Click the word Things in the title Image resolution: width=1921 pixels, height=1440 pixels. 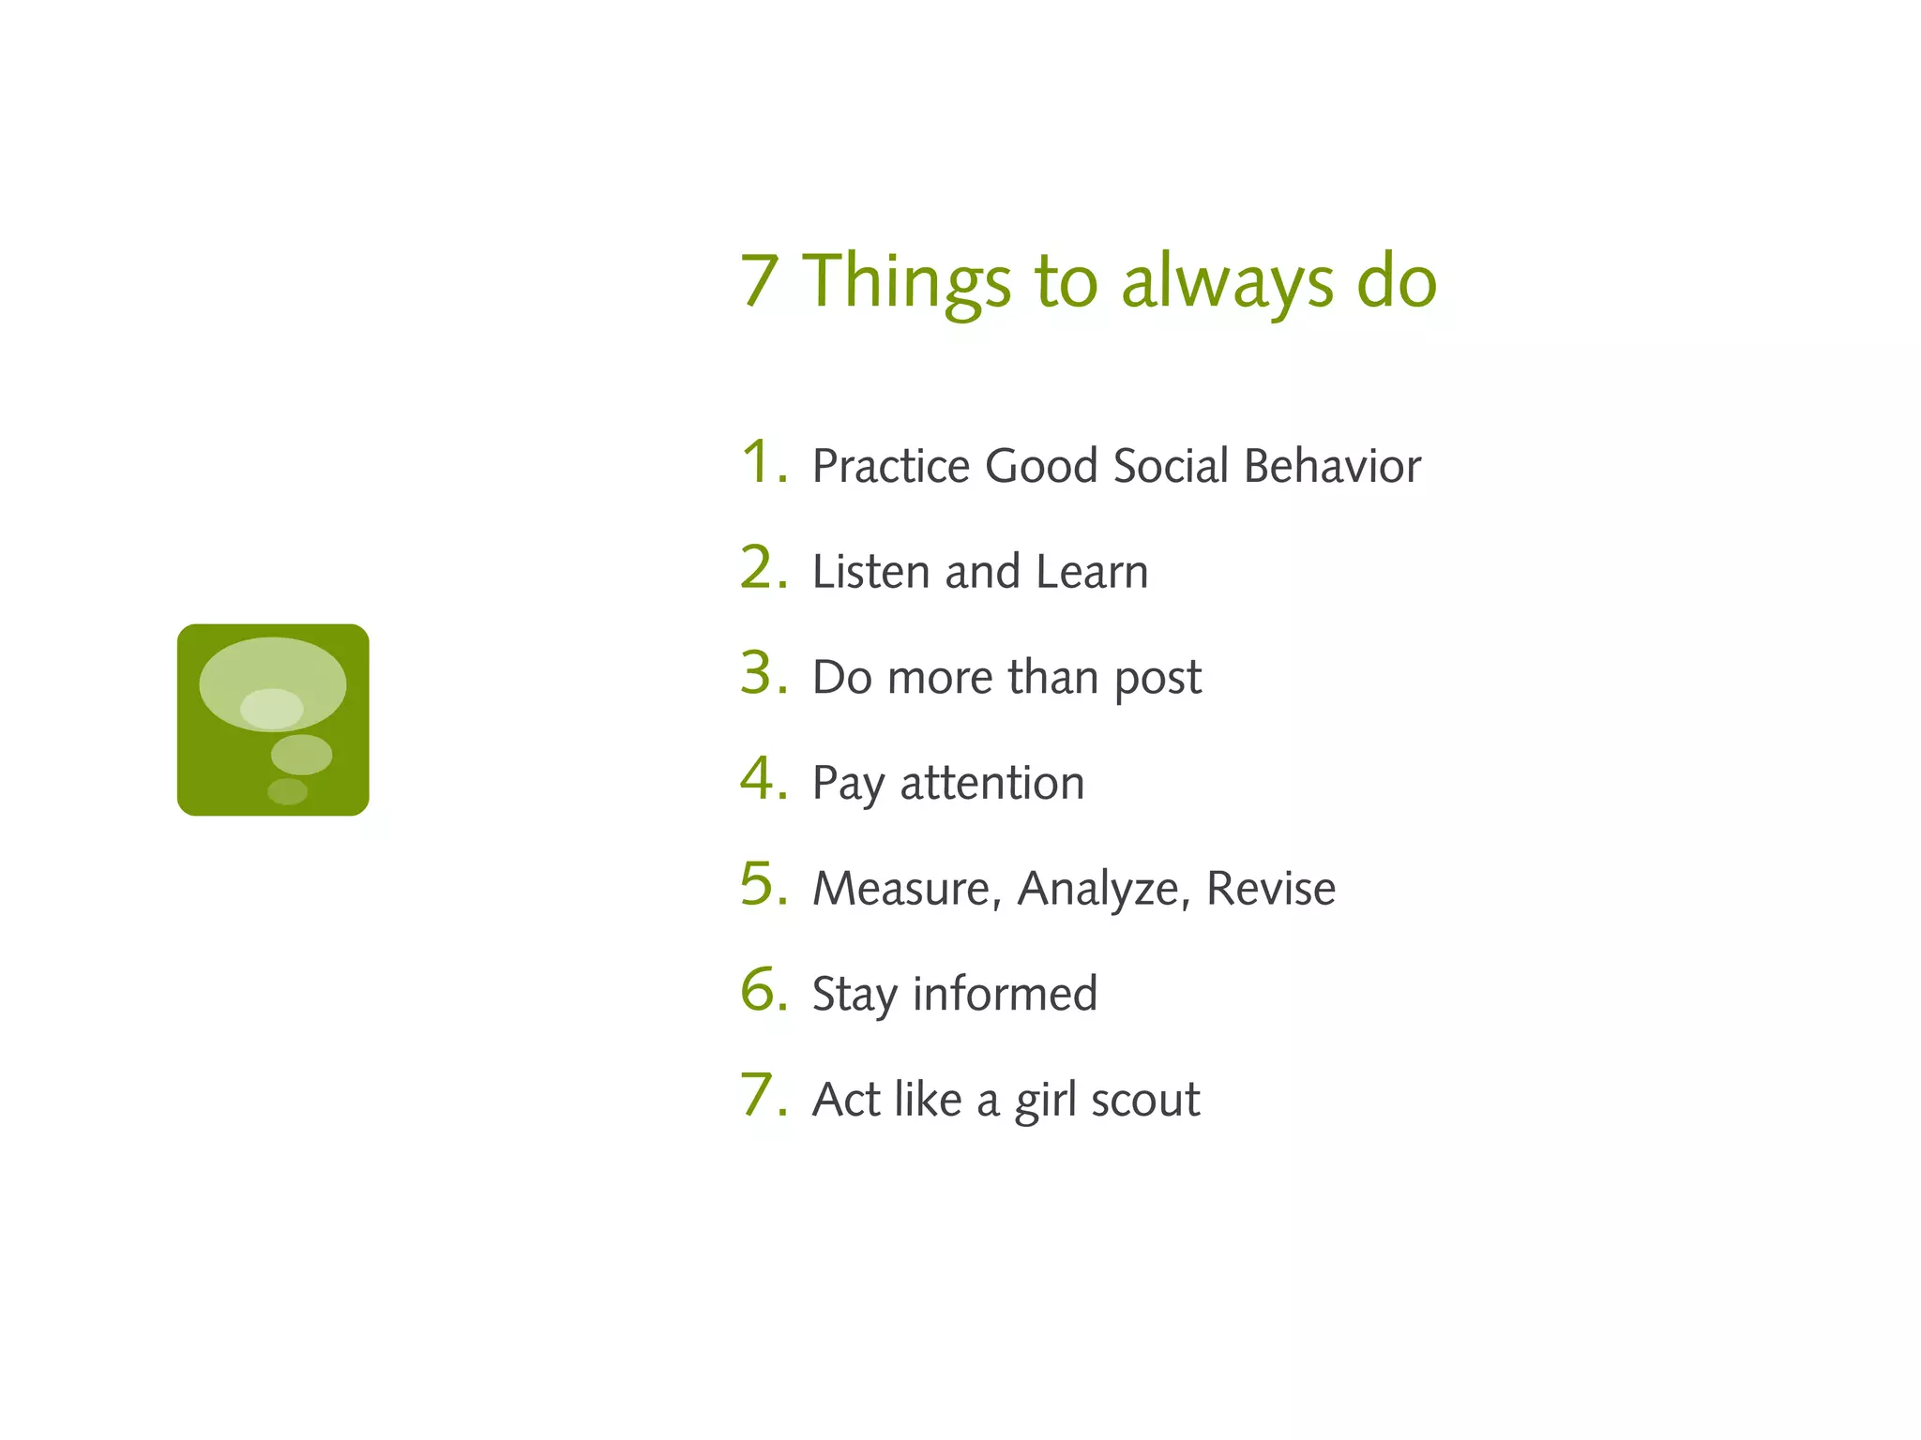pyautogui.click(x=906, y=281)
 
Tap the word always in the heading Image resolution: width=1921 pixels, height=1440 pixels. pyautogui.click(x=1227, y=281)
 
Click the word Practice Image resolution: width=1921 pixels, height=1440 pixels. pyautogui.click(x=890, y=466)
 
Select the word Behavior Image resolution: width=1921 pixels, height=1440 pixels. pyautogui.click(x=1332, y=466)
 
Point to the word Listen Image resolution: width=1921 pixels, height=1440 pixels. pyautogui.click(x=870, y=572)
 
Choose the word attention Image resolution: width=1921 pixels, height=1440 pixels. pyautogui.click(x=991, y=784)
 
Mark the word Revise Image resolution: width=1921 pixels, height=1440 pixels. pyautogui.click(x=1270, y=889)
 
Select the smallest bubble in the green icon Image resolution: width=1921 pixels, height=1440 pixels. pyautogui.click(x=287, y=791)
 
